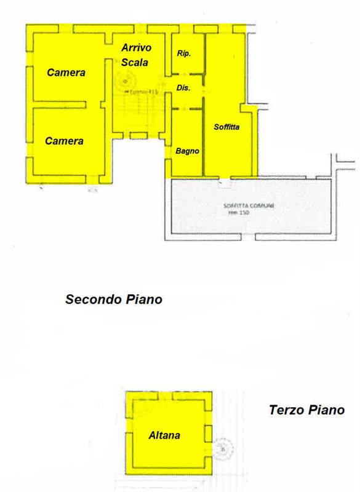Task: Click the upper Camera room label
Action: (x=66, y=73)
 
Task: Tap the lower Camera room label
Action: (x=64, y=141)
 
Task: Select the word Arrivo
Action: (x=136, y=47)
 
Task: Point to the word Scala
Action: (x=135, y=61)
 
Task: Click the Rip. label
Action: (x=183, y=54)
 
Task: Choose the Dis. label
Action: (x=183, y=88)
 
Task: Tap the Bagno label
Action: (x=185, y=150)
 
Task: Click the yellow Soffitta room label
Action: (x=226, y=127)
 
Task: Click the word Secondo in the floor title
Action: (x=92, y=300)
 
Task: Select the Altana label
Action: (x=164, y=435)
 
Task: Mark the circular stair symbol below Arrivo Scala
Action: (x=125, y=81)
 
